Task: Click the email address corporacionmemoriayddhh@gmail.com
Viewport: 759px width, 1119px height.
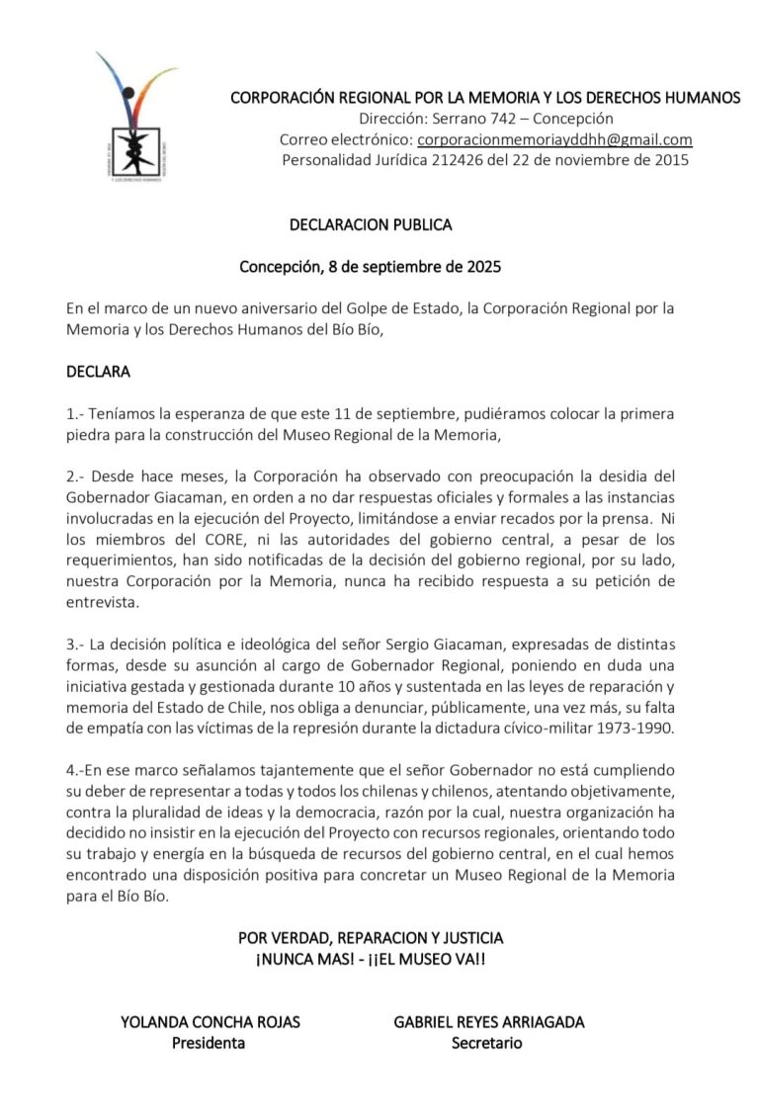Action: pos(554,139)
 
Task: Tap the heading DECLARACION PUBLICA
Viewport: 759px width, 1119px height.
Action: pos(371,224)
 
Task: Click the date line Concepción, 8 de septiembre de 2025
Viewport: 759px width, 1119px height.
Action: pos(371,267)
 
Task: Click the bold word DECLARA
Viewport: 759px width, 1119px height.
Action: pos(98,373)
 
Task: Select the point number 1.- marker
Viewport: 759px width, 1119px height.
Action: pos(76,414)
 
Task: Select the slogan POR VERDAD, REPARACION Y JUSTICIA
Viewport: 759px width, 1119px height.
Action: pos(371,937)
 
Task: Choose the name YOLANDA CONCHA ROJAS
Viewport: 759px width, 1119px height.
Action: pos(210,1022)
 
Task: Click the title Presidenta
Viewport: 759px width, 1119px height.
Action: pos(209,1043)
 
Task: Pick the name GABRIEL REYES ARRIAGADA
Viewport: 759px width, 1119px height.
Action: pos(488,1022)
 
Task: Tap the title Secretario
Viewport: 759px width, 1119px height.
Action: pos(487,1043)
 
